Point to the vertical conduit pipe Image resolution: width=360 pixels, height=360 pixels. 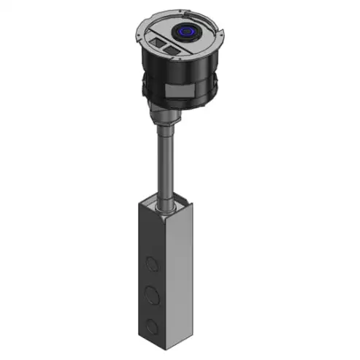point(166,161)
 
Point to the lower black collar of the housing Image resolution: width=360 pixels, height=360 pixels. point(179,99)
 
